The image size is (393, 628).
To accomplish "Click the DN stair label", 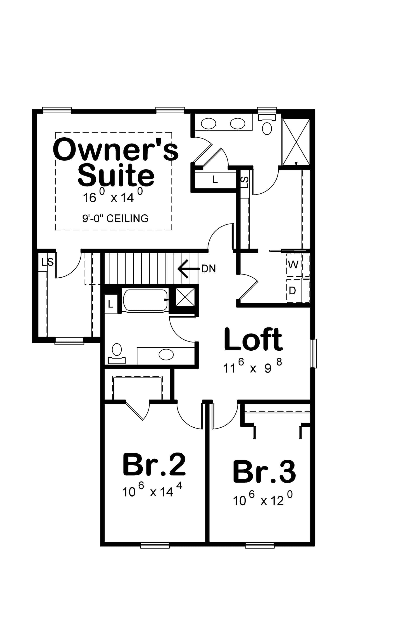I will click(x=209, y=269).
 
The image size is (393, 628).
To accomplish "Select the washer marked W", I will click(x=293, y=265).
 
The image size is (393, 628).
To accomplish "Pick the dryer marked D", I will click(x=292, y=291).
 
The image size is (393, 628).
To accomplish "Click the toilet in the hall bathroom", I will click(x=117, y=353).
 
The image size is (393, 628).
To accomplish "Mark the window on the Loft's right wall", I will click(x=314, y=353).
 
